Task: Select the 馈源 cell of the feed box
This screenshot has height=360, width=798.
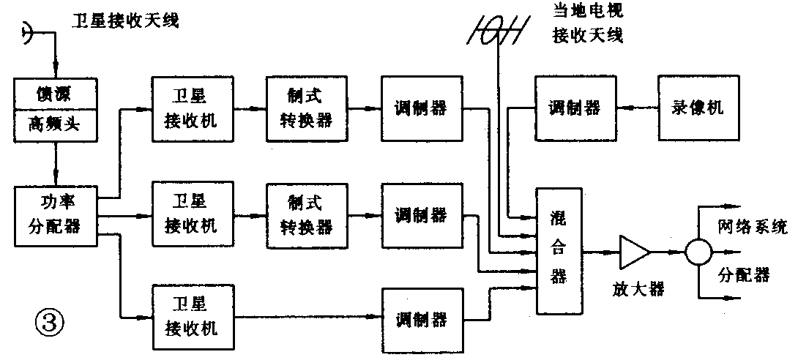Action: click(56, 94)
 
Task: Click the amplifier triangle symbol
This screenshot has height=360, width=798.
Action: click(633, 252)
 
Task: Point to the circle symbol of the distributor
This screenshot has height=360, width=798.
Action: click(698, 252)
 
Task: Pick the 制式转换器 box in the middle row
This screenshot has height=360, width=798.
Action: click(306, 214)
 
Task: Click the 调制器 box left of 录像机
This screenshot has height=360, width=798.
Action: click(575, 108)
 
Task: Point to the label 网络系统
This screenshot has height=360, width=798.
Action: click(752, 227)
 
